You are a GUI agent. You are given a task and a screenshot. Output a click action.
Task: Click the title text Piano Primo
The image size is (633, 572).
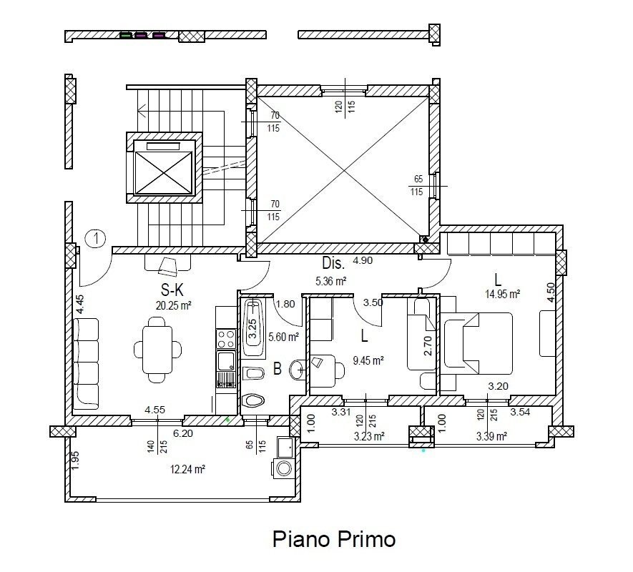333,538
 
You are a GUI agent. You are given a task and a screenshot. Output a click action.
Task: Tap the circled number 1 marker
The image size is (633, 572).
95,238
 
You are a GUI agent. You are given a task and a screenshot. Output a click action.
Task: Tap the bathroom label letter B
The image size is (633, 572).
277,370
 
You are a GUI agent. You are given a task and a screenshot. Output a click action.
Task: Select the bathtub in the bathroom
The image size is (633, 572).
251,328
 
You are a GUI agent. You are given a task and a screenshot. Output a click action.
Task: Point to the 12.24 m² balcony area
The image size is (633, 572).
188,469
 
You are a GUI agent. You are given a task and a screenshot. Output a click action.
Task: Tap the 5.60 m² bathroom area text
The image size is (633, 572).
280,337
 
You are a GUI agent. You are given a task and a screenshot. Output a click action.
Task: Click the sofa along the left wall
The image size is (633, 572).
85,363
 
